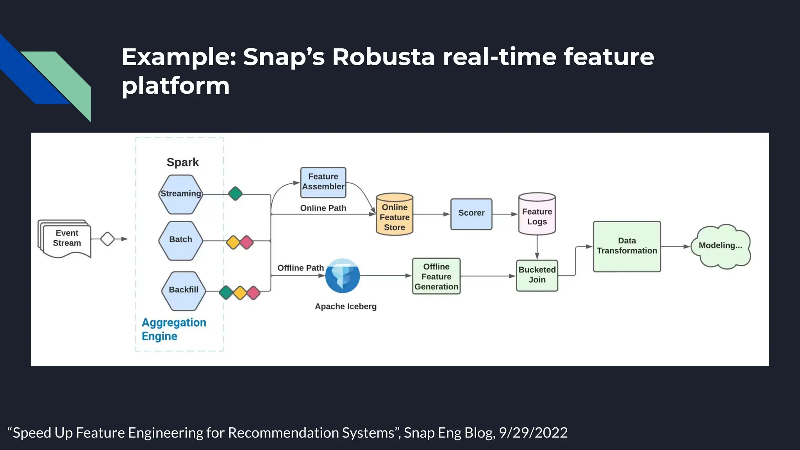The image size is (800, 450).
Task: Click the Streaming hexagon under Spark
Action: click(x=180, y=194)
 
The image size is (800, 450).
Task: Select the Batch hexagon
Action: click(x=180, y=240)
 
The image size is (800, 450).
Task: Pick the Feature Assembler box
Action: click(x=323, y=182)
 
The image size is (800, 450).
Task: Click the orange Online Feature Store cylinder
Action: click(x=395, y=215)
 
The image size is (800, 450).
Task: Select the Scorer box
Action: click(x=471, y=214)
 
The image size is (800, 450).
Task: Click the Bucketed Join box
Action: click(x=537, y=275)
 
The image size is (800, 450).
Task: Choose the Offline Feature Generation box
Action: click(x=436, y=277)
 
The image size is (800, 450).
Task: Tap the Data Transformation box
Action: click(x=627, y=246)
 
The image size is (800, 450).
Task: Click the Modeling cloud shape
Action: click(x=720, y=246)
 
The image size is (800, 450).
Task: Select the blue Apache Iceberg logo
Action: click(x=343, y=276)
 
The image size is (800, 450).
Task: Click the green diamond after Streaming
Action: click(x=235, y=193)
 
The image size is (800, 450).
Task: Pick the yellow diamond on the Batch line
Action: click(x=233, y=242)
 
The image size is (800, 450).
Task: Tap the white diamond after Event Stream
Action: click(x=107, y=239)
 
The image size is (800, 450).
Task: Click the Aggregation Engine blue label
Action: click(x=173, y=329)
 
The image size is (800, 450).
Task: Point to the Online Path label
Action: click(x=323, y=208)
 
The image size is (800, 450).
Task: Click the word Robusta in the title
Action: click(x=383, y=57)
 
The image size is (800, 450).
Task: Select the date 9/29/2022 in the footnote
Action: click(x=533, y=433)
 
